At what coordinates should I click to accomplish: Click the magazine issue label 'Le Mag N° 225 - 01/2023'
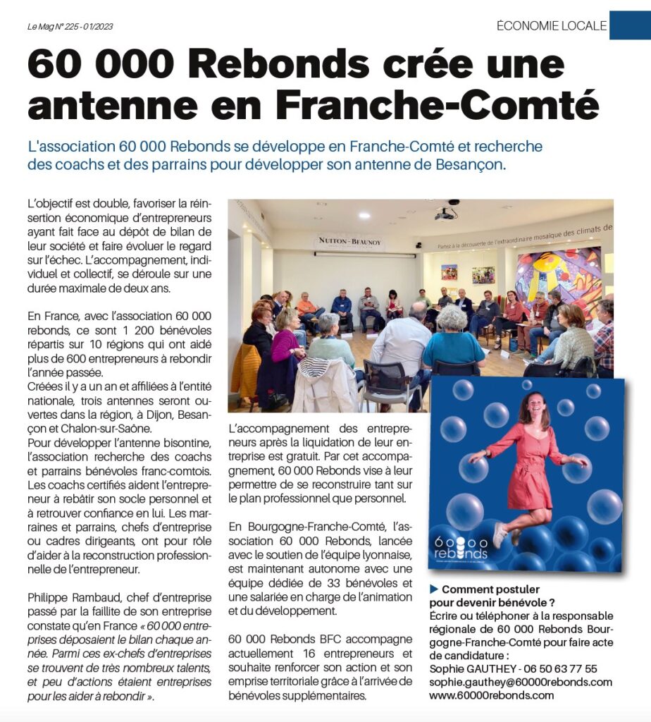[70, 27]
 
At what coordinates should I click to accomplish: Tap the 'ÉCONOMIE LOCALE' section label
[552, 26]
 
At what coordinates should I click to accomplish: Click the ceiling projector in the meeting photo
[445, 212]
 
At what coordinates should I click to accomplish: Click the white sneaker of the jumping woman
[500, 534]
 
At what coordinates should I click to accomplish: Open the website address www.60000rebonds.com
[492, 695]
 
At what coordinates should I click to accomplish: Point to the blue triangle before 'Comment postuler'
[434, 589]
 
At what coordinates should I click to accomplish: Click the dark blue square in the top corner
[630, 25]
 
